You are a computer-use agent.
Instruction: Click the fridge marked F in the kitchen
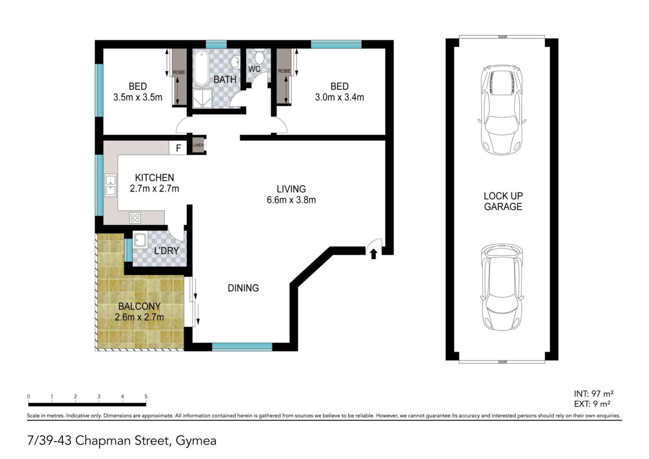click(178, 148)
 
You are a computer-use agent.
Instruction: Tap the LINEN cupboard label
click(198, 145)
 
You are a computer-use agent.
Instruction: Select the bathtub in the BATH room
click(201, 68)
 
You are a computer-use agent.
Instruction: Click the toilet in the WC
click(259, 56)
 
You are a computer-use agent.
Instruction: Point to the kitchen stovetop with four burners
click(135, 218)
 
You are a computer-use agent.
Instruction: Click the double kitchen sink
click(111, 185)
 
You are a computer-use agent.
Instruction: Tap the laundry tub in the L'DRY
click(140, 240)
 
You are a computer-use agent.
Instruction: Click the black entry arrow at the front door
click(374, 254)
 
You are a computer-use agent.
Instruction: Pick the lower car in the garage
click(502, 288)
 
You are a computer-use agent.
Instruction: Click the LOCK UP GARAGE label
click(503, 201)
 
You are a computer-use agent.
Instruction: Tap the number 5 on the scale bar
click(146, 396)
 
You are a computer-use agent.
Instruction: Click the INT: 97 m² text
click(594, 394)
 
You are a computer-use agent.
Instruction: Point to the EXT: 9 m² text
click(592, 404)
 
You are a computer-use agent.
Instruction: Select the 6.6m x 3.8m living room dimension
click(291, 200)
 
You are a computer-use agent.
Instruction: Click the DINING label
click(243, 288)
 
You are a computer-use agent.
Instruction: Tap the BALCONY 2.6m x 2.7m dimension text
click(139, 317)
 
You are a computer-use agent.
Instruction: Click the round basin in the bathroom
click(235, 62)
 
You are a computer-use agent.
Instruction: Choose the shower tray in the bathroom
click(202, 98)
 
